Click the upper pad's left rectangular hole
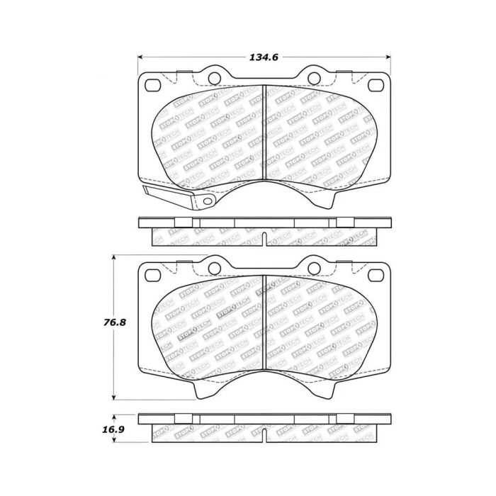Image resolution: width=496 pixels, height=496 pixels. point(152,85)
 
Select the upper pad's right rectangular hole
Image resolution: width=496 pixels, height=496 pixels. point(376,85)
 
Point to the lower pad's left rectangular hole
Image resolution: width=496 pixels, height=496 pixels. point(152,273)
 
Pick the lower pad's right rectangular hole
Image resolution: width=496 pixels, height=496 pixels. point(376,273)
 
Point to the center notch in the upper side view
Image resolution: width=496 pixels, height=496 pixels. point(264,239)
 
